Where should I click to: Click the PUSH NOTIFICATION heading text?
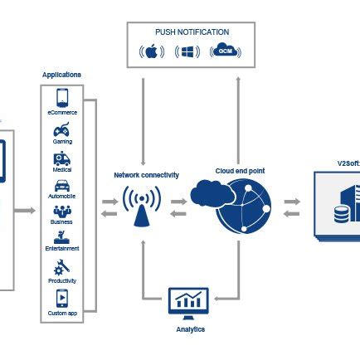(192, 32)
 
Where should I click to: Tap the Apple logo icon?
(151, 52)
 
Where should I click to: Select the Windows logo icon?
(187, 52)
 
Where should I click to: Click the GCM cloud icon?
(226, 52)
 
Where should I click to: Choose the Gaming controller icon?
(62, 130)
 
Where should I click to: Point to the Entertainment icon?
(62, 238)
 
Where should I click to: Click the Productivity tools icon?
(62, 266)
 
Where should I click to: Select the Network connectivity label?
(146, 175)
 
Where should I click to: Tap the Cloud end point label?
(240, 170)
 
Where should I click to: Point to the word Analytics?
(190, 329)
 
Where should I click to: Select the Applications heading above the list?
(62, 75)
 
